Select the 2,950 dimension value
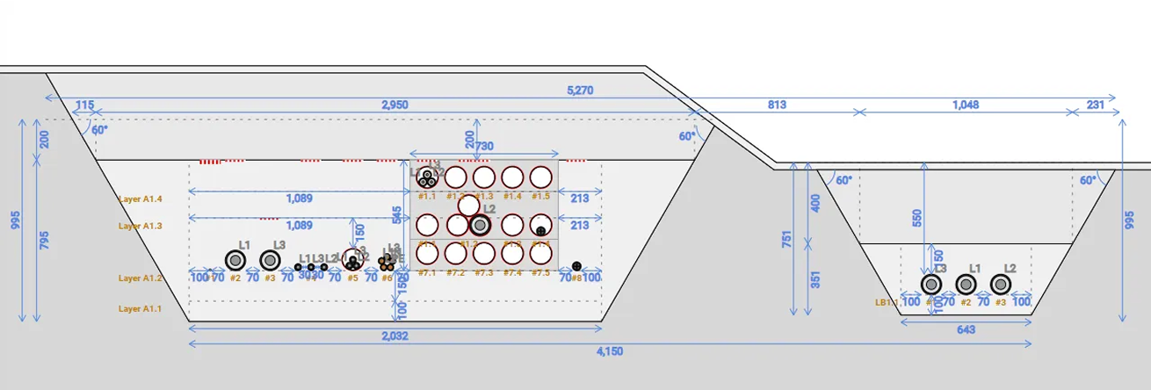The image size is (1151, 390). click(394, 105)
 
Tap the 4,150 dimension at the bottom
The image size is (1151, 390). click(610, 351)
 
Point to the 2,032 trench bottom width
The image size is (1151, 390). click(394, 336)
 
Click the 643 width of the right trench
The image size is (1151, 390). click(966, 329)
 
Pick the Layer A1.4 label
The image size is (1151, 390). click(141, 199)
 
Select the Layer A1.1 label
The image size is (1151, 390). click(141, 308)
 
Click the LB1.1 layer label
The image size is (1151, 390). click(887, 302)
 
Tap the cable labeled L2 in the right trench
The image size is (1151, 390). click(1000, 284)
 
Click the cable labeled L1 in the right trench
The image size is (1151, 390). click(966, 284)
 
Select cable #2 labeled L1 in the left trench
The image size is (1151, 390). click(235, 260)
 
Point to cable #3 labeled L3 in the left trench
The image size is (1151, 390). click(270, 260)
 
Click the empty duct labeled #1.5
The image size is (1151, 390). click(540, 177)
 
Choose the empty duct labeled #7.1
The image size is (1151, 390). click(427, 254)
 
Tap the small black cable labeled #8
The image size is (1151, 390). click(576, 266)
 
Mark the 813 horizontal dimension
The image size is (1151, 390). click(777, 105)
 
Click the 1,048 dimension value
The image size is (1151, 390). click(964, 105)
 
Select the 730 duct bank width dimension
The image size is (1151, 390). click(484, 145)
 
